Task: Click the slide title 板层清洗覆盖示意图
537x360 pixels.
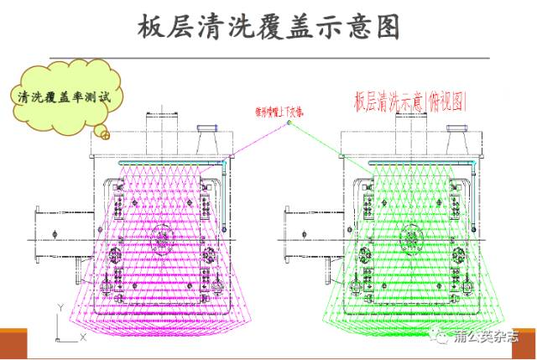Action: pos(268,27)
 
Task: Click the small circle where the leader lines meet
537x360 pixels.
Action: pos(289,123)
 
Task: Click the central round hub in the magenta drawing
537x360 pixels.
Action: pos(163,237)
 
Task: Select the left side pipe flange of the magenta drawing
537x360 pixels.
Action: pos(46,237)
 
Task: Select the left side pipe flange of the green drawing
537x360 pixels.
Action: pos(293,237)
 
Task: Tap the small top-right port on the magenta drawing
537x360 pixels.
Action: pos(206,136)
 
